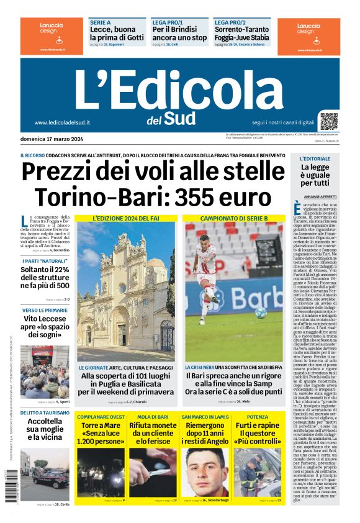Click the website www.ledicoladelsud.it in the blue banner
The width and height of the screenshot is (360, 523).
(x=62, y=122)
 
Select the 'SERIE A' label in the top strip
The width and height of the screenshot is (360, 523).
(x=100, y=22)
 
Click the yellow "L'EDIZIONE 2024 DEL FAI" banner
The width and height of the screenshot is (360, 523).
(x=126, y=219)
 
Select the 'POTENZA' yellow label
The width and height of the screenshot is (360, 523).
(x=258, y=416)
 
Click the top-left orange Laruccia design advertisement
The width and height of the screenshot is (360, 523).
(x=52, y=35)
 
